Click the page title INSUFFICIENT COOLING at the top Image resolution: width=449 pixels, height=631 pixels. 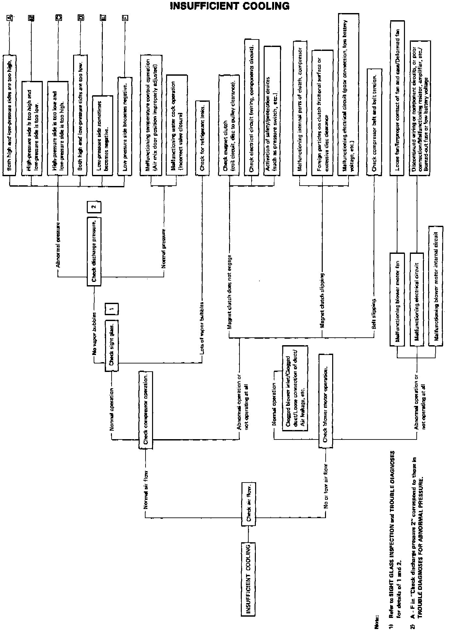coord(230,6)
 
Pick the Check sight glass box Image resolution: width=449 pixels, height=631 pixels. coord(112,346)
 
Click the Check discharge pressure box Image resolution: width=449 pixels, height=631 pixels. coord(94,251)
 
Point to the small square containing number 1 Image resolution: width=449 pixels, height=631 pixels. coord(112,309)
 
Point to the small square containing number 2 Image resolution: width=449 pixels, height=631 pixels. coord(94,207)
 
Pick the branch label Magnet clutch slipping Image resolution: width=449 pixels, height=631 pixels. coord(322,300)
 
